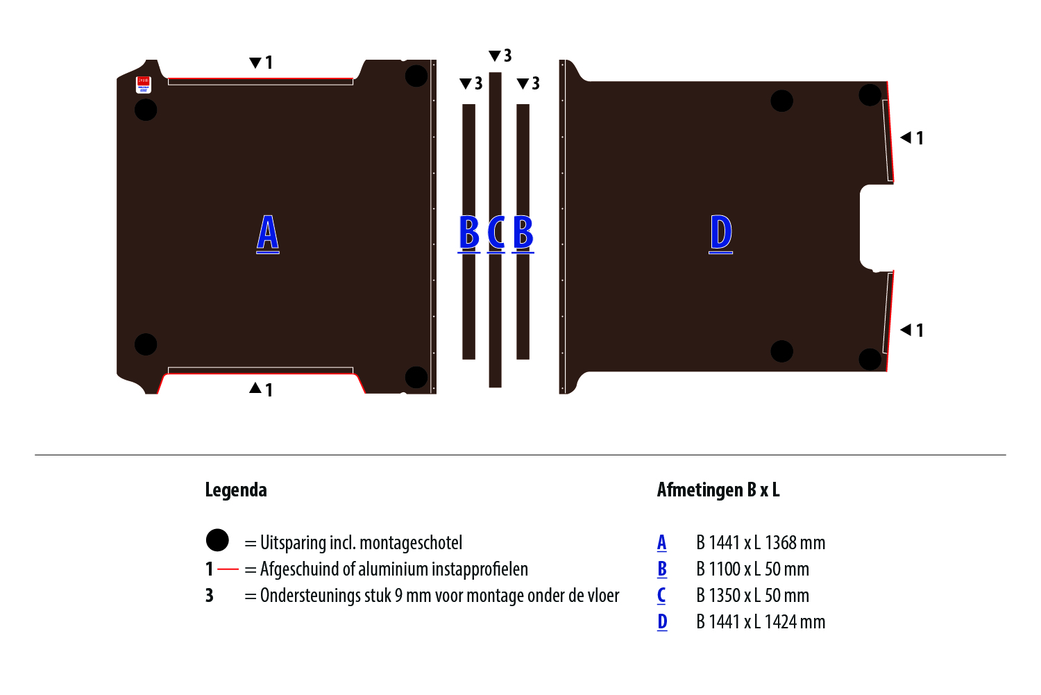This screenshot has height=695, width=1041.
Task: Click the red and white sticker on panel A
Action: [143, 84]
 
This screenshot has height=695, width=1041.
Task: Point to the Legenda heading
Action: [236, 490]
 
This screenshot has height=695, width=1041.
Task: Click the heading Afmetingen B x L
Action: [718, 490]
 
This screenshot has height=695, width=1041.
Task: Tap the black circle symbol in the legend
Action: [217, 540]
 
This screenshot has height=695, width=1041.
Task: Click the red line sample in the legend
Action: [228, 569]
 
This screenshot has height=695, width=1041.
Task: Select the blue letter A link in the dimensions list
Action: [662, 543]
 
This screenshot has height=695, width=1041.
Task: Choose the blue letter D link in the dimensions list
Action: [662, 622]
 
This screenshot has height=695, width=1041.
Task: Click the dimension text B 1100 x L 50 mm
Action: [752, 569]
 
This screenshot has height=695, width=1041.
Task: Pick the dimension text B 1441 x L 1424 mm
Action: [761, 622]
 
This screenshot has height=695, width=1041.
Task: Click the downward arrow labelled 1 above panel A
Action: [255, 62]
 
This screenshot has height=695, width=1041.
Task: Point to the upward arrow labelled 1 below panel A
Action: [255, 388]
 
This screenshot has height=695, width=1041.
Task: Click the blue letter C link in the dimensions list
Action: [661, 596]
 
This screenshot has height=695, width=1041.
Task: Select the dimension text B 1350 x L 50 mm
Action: [752, 596]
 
